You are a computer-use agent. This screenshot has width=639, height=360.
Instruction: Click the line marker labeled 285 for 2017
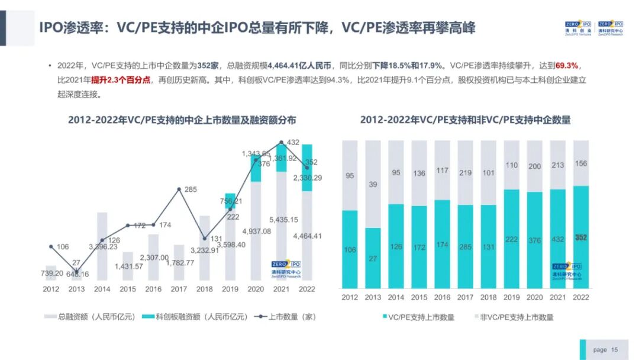click(179, 189)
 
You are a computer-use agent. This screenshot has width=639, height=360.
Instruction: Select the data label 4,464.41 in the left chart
click(306, 236)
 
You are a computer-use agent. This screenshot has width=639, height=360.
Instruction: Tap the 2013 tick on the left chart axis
click(77, 289)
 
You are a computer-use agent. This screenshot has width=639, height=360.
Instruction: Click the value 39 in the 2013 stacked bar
click(373, 185)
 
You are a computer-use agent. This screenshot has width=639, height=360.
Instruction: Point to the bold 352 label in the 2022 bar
click(581, 237)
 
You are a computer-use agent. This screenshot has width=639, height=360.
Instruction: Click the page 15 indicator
click(605, 350)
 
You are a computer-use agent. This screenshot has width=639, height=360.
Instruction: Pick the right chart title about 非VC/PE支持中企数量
click(465, 120)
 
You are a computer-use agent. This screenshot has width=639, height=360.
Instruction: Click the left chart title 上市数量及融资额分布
click(182, 120)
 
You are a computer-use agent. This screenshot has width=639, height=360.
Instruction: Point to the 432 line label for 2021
click(292, 143)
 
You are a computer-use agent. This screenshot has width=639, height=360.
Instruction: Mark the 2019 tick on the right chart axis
click(512, 297)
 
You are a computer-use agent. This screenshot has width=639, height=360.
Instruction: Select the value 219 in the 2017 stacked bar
click(465, 172)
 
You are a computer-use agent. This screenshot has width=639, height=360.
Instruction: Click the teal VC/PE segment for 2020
click(534, 240)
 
